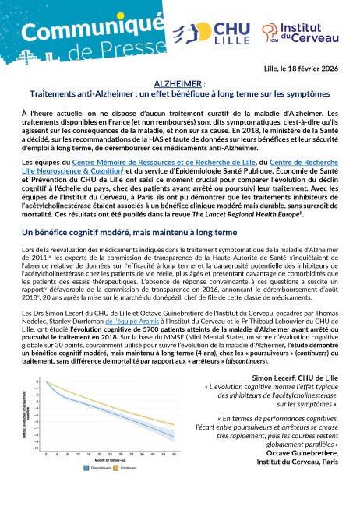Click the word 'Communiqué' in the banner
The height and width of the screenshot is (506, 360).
point(67,30)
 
